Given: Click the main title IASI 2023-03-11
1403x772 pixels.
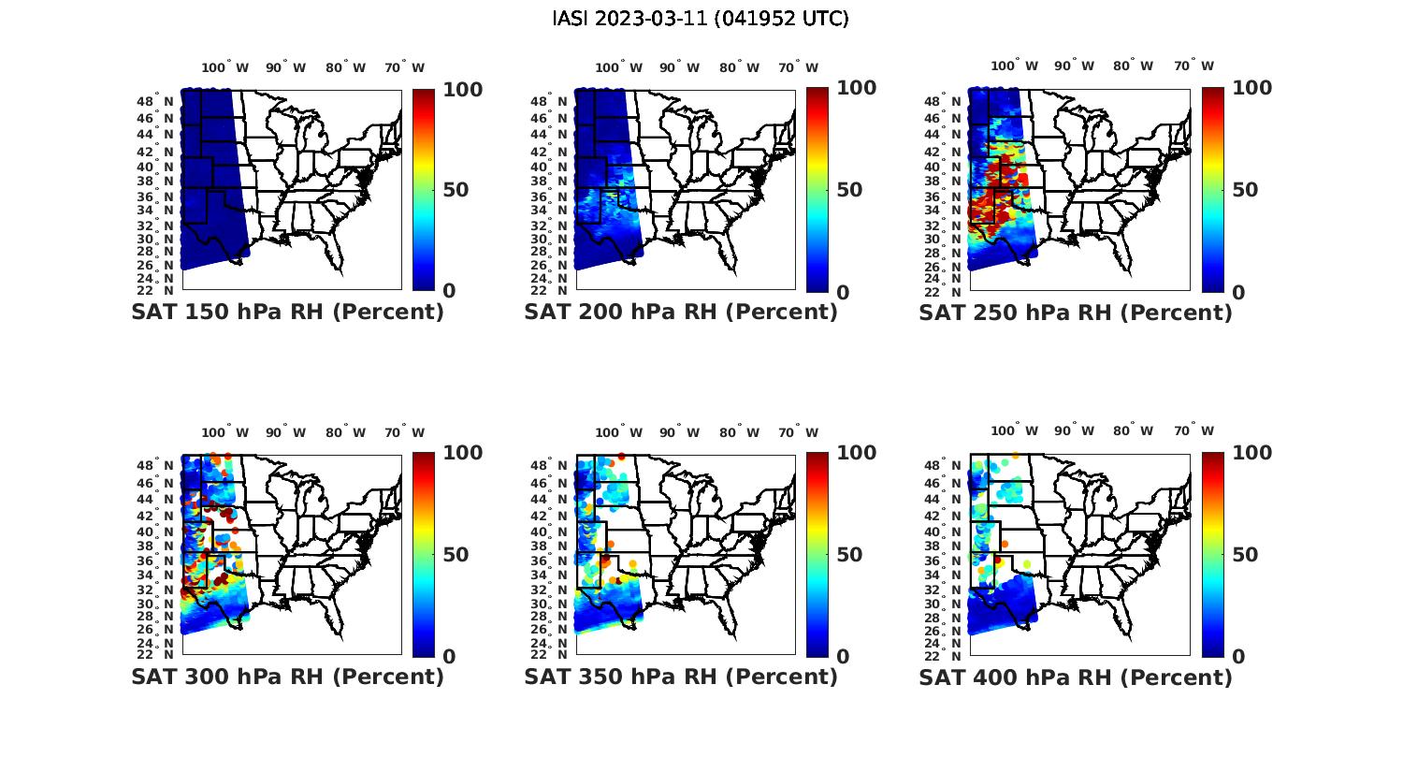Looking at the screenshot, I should (701, 19).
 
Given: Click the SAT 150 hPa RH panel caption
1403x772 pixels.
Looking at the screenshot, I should (287, 313).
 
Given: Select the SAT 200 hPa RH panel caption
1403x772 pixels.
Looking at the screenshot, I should (681, 313).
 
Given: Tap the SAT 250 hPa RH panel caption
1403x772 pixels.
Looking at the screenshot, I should (1076, 313).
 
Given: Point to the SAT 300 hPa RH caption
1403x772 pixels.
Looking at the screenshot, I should (287, 677).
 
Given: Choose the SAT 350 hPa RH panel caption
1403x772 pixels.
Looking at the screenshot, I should (681, 677).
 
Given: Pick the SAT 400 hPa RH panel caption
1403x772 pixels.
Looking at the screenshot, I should (1076, 677).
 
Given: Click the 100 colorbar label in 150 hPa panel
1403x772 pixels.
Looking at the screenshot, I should (436, 89).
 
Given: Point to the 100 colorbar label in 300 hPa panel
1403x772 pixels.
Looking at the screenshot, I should (436, 453).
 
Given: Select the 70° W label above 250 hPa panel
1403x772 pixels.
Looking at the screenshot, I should (1193, 66).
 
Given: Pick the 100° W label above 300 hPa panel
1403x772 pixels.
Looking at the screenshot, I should (224, 432).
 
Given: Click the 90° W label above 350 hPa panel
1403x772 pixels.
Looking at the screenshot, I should (679, 432).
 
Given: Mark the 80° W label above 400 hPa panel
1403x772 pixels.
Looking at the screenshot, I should (1133, 432).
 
